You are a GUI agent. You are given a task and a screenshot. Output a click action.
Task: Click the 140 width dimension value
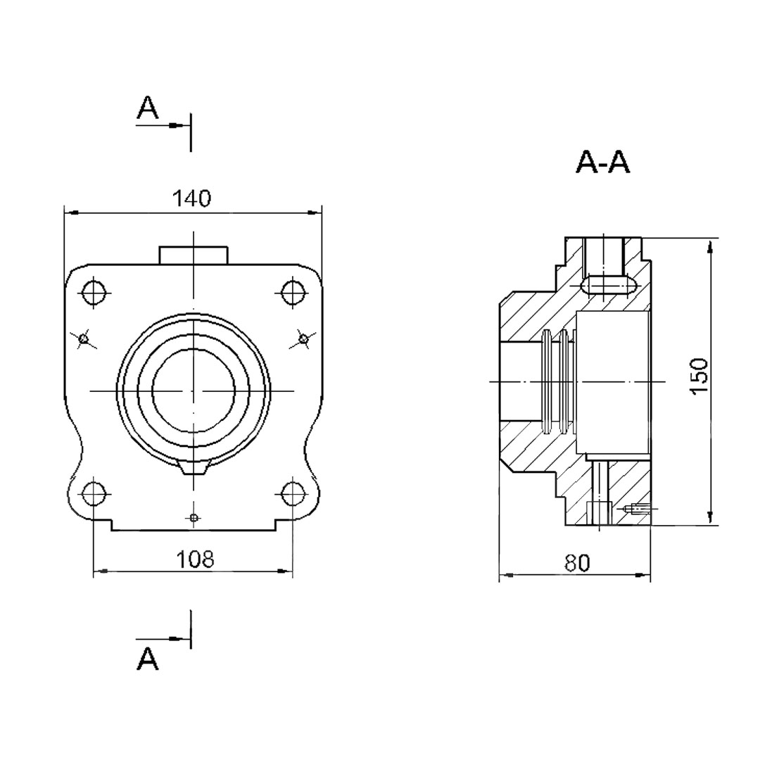pos(192,198)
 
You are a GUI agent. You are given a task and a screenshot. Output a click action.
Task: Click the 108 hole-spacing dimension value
pos(195,559)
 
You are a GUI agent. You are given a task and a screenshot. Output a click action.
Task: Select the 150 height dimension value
pos(699,376)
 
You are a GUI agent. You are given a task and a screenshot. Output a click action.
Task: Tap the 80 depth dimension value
pos(577,563)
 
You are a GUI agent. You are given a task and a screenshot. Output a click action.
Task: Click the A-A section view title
pos(603,162)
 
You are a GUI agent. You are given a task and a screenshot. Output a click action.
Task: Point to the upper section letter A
pos(148,107)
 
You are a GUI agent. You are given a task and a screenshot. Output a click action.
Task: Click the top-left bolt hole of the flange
pos(94,292)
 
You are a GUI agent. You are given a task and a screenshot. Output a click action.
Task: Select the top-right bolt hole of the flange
pos(293,292)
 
